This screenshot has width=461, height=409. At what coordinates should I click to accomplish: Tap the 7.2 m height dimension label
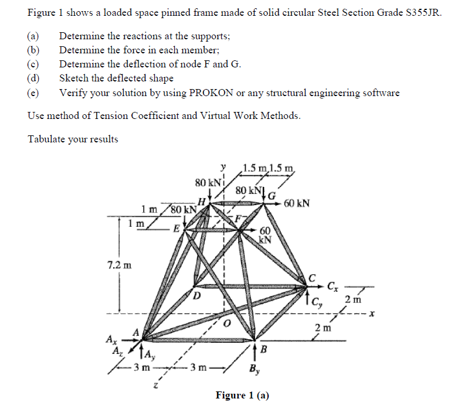tap(119, 264)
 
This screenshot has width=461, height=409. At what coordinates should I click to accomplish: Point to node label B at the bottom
tap(264, 350)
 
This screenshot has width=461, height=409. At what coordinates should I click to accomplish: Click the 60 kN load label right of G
tap(296, 204)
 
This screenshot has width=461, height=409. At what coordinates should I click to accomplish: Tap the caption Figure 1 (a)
tap(242, 395)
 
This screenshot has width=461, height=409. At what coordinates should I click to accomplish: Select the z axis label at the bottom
tap(155, 386)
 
